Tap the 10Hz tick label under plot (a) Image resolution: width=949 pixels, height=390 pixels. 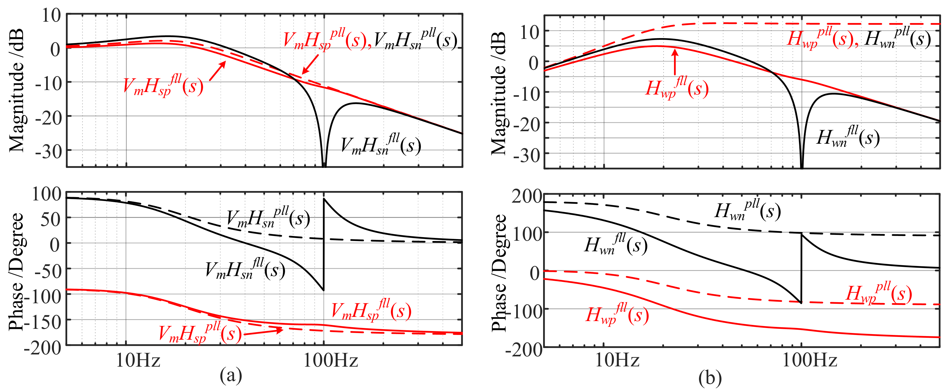[x=138, y=360]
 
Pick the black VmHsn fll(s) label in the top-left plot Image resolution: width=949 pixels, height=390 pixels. [x=381, y=145]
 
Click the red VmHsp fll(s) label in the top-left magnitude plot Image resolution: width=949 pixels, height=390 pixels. [x=163, y=86]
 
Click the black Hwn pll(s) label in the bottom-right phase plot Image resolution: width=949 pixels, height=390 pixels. [x=748, y=211]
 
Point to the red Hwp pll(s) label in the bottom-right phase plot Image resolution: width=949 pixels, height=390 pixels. [x=879, y=294]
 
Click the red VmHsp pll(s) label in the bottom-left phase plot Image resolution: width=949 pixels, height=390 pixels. [x=200, y=333]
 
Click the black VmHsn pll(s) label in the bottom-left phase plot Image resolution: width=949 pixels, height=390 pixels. [x=268, y=218]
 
